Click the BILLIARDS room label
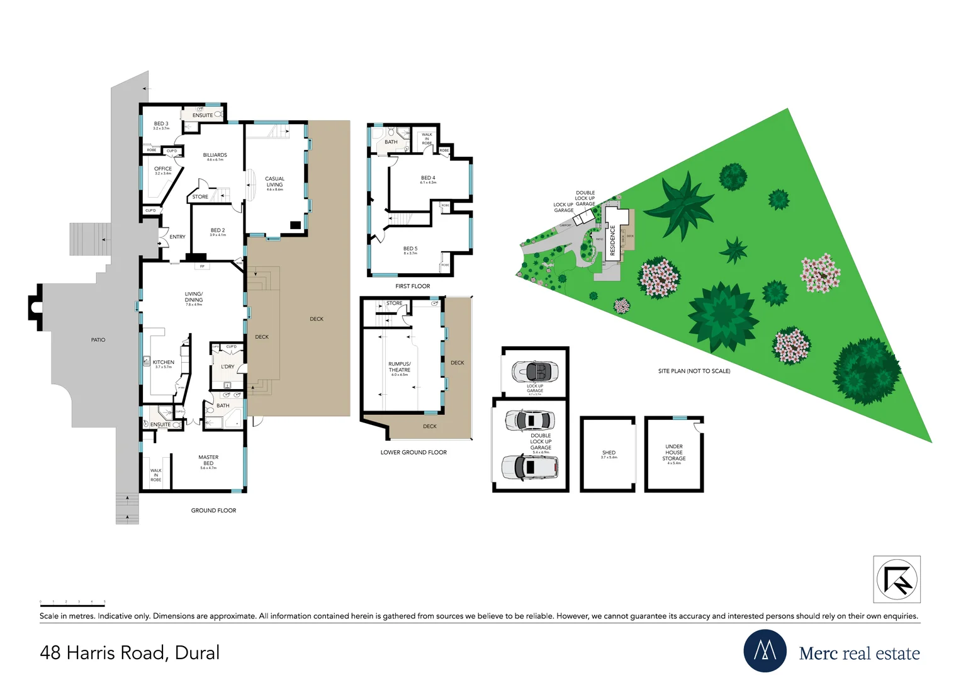tap(215, 155)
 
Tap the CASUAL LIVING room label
tap(274, 181)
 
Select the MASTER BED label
tap(208, 460)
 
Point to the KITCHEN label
tap(163, 363)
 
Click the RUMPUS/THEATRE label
tap(399, 367)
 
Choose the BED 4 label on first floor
tap(428, 178)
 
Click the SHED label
tap(609, 453)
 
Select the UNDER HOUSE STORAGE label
tap(673, 452)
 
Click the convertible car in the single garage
tap(535, 371)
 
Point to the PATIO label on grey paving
tap(98, 340)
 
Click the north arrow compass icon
tap(897, 579)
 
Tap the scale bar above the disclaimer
tap(72, 605)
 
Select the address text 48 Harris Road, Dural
tap(130, 653)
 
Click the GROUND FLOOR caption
tap(213, 511)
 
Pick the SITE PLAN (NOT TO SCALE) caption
tap(694, 371)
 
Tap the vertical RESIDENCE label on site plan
tap(612, 240)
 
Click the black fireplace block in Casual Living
tap(295, 225)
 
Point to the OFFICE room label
tap(163, 169)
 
